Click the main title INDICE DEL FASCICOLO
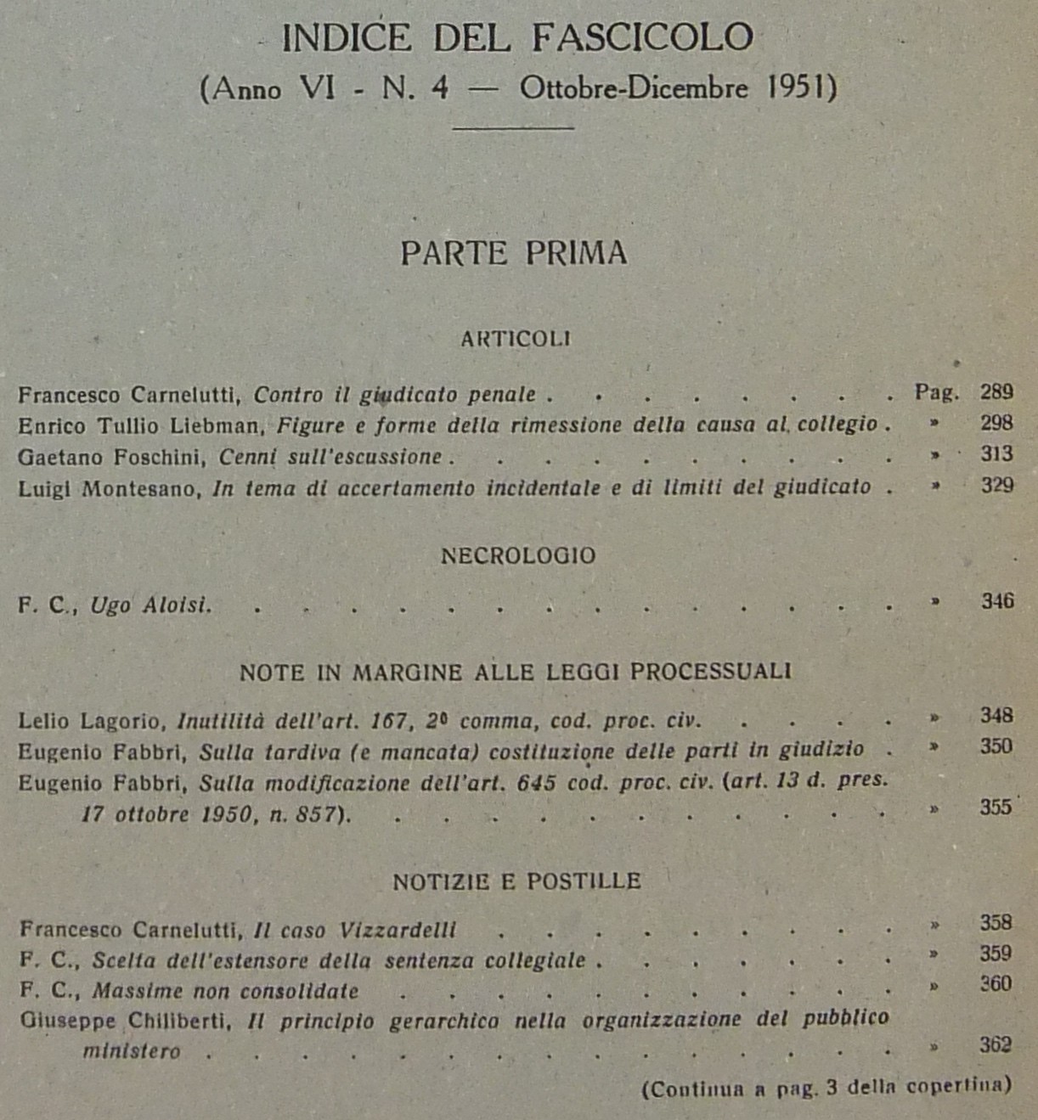point(517,38)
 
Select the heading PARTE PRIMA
point(514,253)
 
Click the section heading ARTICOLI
point(516,339)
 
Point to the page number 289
point(996,392)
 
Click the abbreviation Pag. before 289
point(936,392)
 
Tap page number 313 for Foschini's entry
point(996,454)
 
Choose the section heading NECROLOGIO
point(518,556)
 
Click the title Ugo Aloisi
point(150,605)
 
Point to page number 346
point(997,601)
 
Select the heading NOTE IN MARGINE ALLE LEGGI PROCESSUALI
point(515,673)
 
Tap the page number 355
point(996,807)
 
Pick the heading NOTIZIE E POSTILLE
point(516,881)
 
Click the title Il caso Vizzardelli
point(355,931)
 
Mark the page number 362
point(996,1044)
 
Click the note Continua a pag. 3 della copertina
point(826,1088)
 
